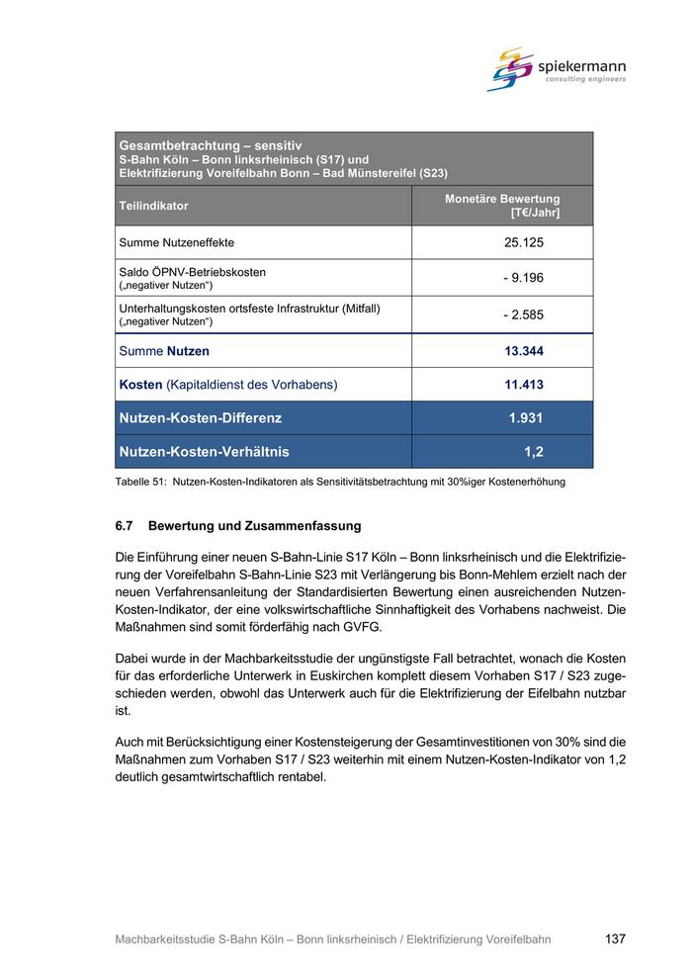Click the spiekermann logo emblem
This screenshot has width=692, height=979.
[x=510, y=68]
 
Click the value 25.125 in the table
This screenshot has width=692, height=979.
[x=524, y=242]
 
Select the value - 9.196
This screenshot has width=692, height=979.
[x=523, y=278]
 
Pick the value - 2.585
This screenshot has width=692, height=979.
[x=523, y=315]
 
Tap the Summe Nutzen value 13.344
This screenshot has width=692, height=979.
[x=524, y=351]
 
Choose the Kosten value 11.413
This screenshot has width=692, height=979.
[x=524, y=385]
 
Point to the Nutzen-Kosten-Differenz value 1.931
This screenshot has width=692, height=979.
[x=526, y=418]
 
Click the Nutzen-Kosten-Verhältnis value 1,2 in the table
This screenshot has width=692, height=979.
[x=534, y=452]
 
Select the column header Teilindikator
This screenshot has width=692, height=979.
[x=153, y=206]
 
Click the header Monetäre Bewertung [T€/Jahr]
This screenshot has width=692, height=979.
[x=502, y=206]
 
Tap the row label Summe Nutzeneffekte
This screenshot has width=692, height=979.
[x=177, y=242]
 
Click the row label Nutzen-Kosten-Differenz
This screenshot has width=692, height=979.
[x=200, y=418]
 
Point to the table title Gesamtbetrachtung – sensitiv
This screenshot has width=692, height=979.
[x=210, y=145]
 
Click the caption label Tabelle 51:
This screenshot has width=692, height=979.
[x=140, y=483]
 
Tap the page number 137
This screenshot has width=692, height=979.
[x=615, y=939]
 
